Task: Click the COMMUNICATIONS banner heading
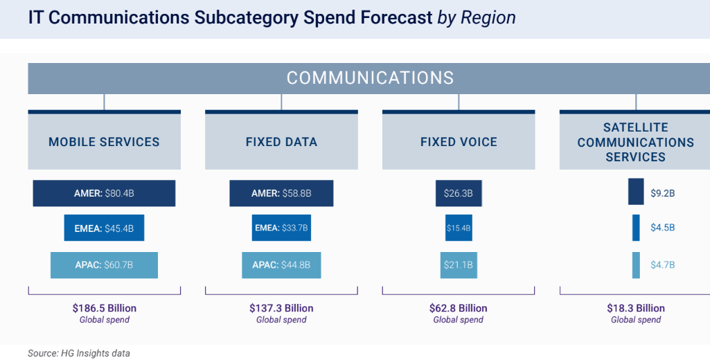pyautogui.click(x=370, y=78)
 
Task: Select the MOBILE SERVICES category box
pyautogui.click(x=104, y=142)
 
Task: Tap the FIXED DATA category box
pyautogui.click(x=281, y=142)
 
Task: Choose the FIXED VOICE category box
pyautogui.click(x=459, y=142)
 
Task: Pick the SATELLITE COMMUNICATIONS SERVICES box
pyautogui.click(x=635, y=142)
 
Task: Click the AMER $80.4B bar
pyautogui.click(x=104, y=193)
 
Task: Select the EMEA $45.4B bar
pyautogui.click(x=104, y=228)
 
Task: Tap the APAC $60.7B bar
pyautogui.click(x=104, y=265)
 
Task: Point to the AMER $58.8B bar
pyautogui.click(x=281, y=193)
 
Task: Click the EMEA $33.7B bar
pyautogui.click(x=281, y=228)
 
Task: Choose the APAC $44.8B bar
pyautogui.click(x=281, y=265)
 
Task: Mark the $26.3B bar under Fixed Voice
pyautogui.click(x=459, y=193)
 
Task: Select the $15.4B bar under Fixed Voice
pyautogui.click(x=459, y=228)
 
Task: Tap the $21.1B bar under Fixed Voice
pyautogui.click(x=459, y=265)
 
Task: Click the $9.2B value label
pyautogui.click(x=662, y=193)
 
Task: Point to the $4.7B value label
pyautogui.click(x=662, y=265)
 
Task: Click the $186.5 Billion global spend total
pyautogui.click(x=104, y=308)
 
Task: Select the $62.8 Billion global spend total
pyautogui.click(x=459, y=308)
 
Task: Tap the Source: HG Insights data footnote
pyautogui.click(x=79, y=353)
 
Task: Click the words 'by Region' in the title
pyautogui.click(x=477, y=18)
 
